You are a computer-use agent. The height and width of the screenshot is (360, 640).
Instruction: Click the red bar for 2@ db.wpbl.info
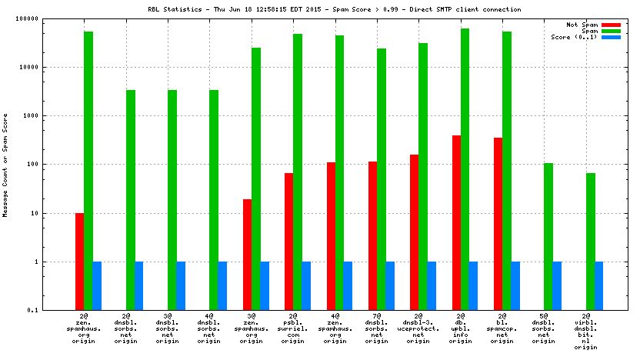click(456, 223)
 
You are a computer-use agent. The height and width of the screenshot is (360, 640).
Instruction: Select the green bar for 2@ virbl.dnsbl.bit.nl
click(590, 242)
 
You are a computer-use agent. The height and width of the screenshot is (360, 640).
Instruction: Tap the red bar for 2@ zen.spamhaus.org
click(80, 262)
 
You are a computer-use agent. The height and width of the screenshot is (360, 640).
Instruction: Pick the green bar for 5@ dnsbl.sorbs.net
click(548, 236)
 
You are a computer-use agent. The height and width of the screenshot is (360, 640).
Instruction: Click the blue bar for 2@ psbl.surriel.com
click(306, 285)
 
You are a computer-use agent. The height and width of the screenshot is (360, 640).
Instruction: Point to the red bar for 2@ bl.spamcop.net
click(498, 224)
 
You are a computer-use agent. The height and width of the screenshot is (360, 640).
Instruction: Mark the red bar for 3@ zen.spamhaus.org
click(248, 255)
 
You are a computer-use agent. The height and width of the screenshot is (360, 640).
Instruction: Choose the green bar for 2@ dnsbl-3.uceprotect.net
click(423, 176)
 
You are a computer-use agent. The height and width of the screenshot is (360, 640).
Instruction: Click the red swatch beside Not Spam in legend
click(611, 25)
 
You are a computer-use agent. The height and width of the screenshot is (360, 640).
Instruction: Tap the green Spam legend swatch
click(611, 31)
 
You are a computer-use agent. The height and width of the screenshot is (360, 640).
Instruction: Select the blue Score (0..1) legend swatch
click(611, 37)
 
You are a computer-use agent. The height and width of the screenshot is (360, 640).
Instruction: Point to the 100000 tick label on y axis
click(48, 18)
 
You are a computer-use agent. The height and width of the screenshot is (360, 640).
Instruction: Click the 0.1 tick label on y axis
click(55, 310)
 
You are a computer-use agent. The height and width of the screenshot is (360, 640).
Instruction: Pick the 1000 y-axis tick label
click(52, 115)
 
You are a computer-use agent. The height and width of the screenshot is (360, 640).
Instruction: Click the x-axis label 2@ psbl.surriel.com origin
click(293, 328)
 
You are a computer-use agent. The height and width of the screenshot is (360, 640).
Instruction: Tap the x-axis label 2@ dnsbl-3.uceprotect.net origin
click(418, 328)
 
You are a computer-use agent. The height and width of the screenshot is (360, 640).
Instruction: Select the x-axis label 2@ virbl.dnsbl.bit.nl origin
click(586, 332)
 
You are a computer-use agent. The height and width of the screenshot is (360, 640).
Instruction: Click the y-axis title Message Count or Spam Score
click(5, 165)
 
